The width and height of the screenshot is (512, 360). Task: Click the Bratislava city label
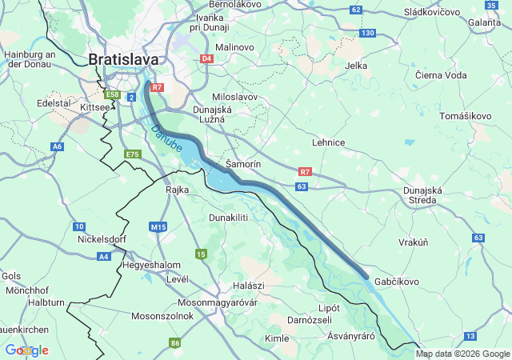click(x=123, y=59)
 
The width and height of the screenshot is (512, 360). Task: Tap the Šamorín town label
click(x=243, y=163)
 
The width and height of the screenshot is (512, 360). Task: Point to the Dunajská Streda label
click(x=422, y=195)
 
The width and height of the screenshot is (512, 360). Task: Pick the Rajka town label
click(x=176, y=190)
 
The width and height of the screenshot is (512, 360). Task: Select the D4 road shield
click(x=206, y=58)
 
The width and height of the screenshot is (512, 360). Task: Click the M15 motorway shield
click(x=158, y=227)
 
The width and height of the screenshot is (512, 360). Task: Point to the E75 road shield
click(x=133, y=154)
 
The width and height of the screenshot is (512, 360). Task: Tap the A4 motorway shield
click(x=104, y=256)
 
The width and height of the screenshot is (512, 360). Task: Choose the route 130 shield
click(x=367, y=33)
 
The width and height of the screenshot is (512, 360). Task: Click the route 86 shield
click(x=175, y=343)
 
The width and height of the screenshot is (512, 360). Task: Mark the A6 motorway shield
click(x=57, y=146)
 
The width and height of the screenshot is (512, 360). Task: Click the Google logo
click(x=26, y=350)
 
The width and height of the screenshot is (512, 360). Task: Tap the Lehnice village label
click(x=328, y=142)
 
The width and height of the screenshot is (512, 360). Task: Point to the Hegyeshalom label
click(x=152, y=265)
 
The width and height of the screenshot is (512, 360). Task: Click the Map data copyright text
click(x=462, y=354)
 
